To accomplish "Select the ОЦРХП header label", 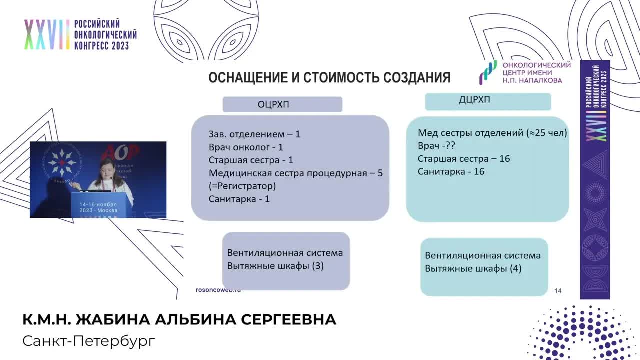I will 273,104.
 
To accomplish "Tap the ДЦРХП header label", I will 474,100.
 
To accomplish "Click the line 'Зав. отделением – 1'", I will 254,134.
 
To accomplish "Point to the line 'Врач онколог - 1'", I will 246,147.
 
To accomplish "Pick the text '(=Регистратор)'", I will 242,186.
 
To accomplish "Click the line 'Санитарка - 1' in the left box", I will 239,199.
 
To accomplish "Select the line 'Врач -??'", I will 436,146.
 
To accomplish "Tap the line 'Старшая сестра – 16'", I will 463,159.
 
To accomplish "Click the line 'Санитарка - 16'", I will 451,171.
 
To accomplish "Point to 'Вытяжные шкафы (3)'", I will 275,266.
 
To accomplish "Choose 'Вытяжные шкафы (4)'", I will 473,268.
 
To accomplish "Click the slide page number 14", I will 558,291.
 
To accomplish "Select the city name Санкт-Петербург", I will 89,341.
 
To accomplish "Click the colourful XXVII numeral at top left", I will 46,35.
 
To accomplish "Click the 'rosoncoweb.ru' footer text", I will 218,290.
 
